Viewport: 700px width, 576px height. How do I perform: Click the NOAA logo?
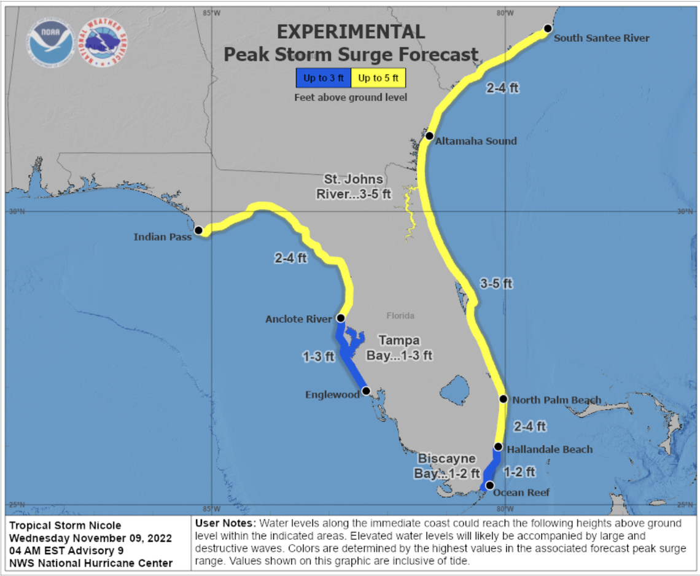coord(50,43)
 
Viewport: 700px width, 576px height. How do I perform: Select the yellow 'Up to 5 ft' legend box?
coord(378,78)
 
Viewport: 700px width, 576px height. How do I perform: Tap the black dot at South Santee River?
coord(548,29)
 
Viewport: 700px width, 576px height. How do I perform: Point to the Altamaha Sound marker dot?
coord(430,136)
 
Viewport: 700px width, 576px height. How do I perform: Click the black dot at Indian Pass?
coord(198,230)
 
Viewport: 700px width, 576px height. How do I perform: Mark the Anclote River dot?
coord(341,318)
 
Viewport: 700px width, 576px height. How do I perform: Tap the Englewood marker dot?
coord(366,391)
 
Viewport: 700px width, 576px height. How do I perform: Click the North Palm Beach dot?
coord(503,399)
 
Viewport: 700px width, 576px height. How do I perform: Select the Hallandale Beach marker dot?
coord(498,447)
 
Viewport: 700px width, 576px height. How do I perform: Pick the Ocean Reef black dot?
coord(489,485)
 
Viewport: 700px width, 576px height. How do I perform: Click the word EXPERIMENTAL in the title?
coord(351,32)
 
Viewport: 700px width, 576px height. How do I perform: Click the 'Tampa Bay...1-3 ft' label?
coord(399,348)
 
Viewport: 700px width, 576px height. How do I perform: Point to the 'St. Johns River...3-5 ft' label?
coord(354,187)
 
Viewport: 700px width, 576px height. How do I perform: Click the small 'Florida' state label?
coord(400,316)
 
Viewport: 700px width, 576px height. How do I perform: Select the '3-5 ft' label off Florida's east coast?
coord(496,283)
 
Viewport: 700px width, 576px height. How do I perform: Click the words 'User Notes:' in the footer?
coord(225,523)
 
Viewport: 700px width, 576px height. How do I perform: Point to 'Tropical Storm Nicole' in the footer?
coord(66,525)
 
